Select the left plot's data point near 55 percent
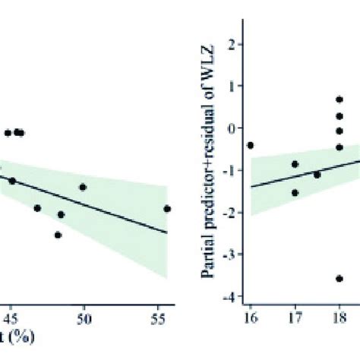(167, 208)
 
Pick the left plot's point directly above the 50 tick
(83, 187)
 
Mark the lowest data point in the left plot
(58, 235)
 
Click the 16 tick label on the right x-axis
(250, 316)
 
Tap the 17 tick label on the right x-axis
(295, 316)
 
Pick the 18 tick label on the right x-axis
(339, 316)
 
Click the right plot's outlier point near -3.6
(339, 279)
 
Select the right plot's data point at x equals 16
(250, 145)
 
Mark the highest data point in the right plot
(339, 99)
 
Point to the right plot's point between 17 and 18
(317, 174)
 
